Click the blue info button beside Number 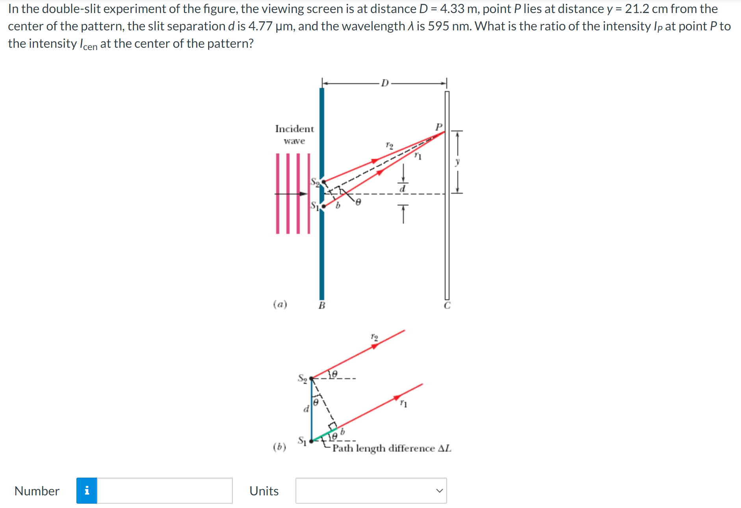(87, 491)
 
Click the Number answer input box (165, 491)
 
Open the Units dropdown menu (371, 491)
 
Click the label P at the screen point (439, 127)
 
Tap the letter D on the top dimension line (385, 83)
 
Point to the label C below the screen (447, 306)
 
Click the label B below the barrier (322, 305)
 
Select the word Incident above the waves (294, 129)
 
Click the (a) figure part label (280, 304)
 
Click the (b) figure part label (280, 447)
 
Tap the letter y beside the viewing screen (457, 162)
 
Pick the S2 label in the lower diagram (302, 378)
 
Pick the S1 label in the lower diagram (302, 440)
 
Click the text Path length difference (383, 448)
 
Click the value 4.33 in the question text (452, 9)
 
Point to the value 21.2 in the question (637, 9)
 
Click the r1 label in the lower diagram (404, 403)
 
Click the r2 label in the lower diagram (374, 337)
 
